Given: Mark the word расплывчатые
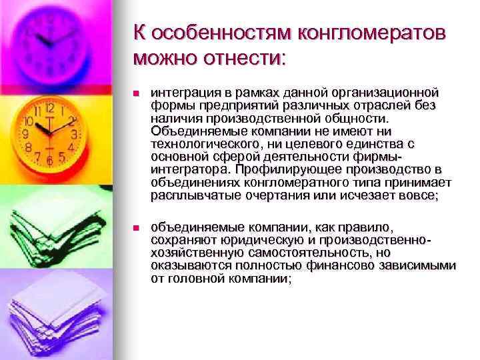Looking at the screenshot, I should point(189,196).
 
